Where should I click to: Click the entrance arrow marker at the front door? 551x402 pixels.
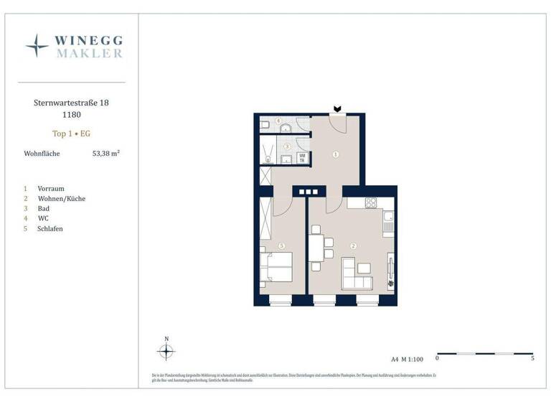[337, 109]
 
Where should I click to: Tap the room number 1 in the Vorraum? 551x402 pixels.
[335, 154]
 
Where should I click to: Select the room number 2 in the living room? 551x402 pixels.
[353, 246]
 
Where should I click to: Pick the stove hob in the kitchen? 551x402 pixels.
[370, 203]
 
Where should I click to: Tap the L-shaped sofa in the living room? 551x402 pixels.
[357, 274]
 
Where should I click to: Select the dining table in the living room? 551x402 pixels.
[316, 248]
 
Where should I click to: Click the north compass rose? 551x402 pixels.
[166, 351]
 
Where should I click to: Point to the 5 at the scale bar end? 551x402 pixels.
[532, 358]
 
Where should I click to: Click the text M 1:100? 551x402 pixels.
[413, 358]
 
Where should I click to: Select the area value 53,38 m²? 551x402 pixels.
[105, 153]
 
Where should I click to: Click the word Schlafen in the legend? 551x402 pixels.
[50, 228]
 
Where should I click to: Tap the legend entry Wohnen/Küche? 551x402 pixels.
[61, 198]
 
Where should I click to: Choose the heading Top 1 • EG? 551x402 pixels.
[71, 134]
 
